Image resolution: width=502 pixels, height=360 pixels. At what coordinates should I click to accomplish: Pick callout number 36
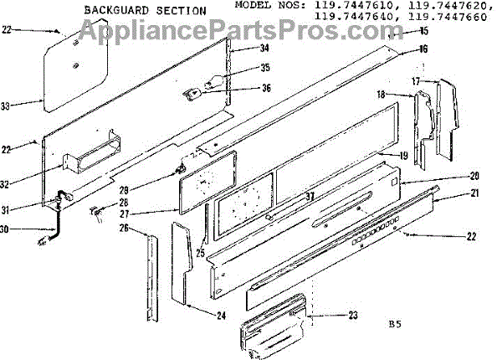243,88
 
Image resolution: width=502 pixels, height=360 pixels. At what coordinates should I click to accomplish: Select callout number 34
242,49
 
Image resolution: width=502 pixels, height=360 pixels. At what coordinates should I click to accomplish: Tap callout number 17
416,81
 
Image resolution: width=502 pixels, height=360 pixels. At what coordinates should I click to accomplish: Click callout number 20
474,176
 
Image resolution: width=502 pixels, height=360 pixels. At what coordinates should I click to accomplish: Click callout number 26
123,228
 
